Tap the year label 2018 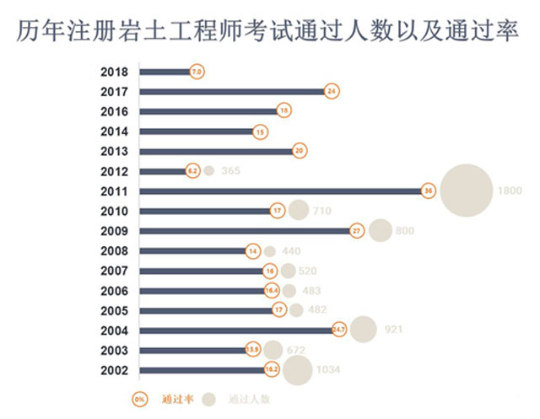click(113, 72)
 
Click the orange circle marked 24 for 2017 click(332, 91)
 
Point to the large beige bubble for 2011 click(466, 191)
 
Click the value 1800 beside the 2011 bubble click(510, 191)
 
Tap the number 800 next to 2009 click(406, 231)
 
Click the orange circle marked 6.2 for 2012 click(192, 171)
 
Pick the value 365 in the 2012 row click(230, 171)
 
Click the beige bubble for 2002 click(297, 369)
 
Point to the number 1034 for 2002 click(328, 369)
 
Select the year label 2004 click(113, 330)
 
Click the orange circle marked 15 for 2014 click(260, 132)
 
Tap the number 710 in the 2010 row click(321, 211)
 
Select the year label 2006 click(113, 290)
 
